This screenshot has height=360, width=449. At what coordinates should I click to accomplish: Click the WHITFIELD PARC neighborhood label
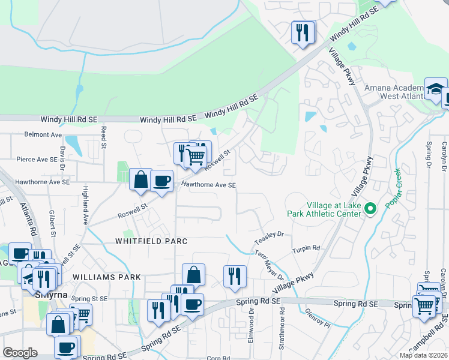point(152,241)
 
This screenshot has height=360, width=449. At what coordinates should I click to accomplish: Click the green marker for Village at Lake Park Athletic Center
point(370,209)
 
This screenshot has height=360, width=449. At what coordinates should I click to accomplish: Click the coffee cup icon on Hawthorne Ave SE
point(161,181)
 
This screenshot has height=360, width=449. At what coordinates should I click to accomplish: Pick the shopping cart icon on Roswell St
point(195,158)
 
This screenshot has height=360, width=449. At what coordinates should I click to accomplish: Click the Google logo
point(20,353)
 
